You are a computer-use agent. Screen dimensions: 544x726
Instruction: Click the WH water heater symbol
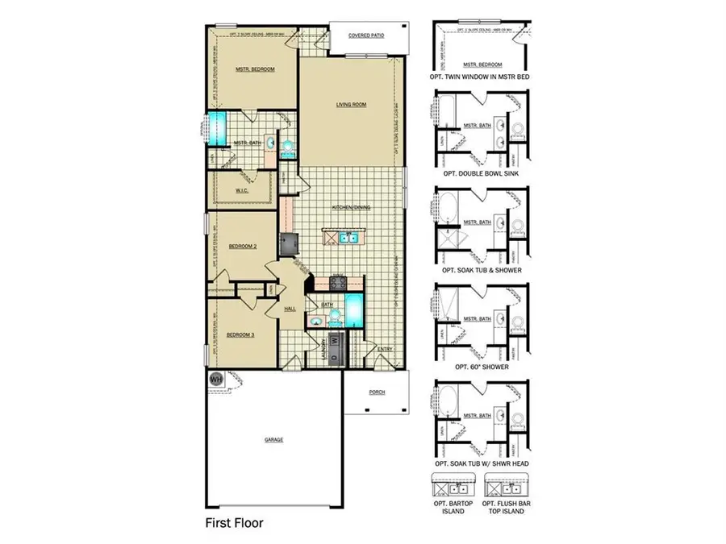click(x=215, y=378)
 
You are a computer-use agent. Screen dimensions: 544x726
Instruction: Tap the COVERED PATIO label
click(x=365, y=35)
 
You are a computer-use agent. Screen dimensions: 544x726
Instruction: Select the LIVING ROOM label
click(x=352, y=105)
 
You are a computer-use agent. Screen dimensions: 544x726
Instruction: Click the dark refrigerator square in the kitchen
click(x=288, y=242)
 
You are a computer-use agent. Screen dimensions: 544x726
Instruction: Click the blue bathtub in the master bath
click(x=216, y=128)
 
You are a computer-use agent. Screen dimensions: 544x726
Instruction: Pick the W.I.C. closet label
click(x=241, y=190)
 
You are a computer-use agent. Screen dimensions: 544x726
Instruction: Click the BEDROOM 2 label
click(x=242, y=246)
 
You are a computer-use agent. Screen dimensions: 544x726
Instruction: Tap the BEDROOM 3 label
click(x=240, y=334)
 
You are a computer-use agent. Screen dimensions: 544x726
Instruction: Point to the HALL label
click(x=289, y=309)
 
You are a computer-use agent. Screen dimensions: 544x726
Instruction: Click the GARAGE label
click(x=273, y=439)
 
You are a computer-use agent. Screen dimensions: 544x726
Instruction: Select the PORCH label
click(x=377, y=392)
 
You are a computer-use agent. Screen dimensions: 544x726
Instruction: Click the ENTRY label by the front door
click(x=385, y=348)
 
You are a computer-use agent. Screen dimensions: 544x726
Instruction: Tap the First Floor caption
click(x=235, y=523)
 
